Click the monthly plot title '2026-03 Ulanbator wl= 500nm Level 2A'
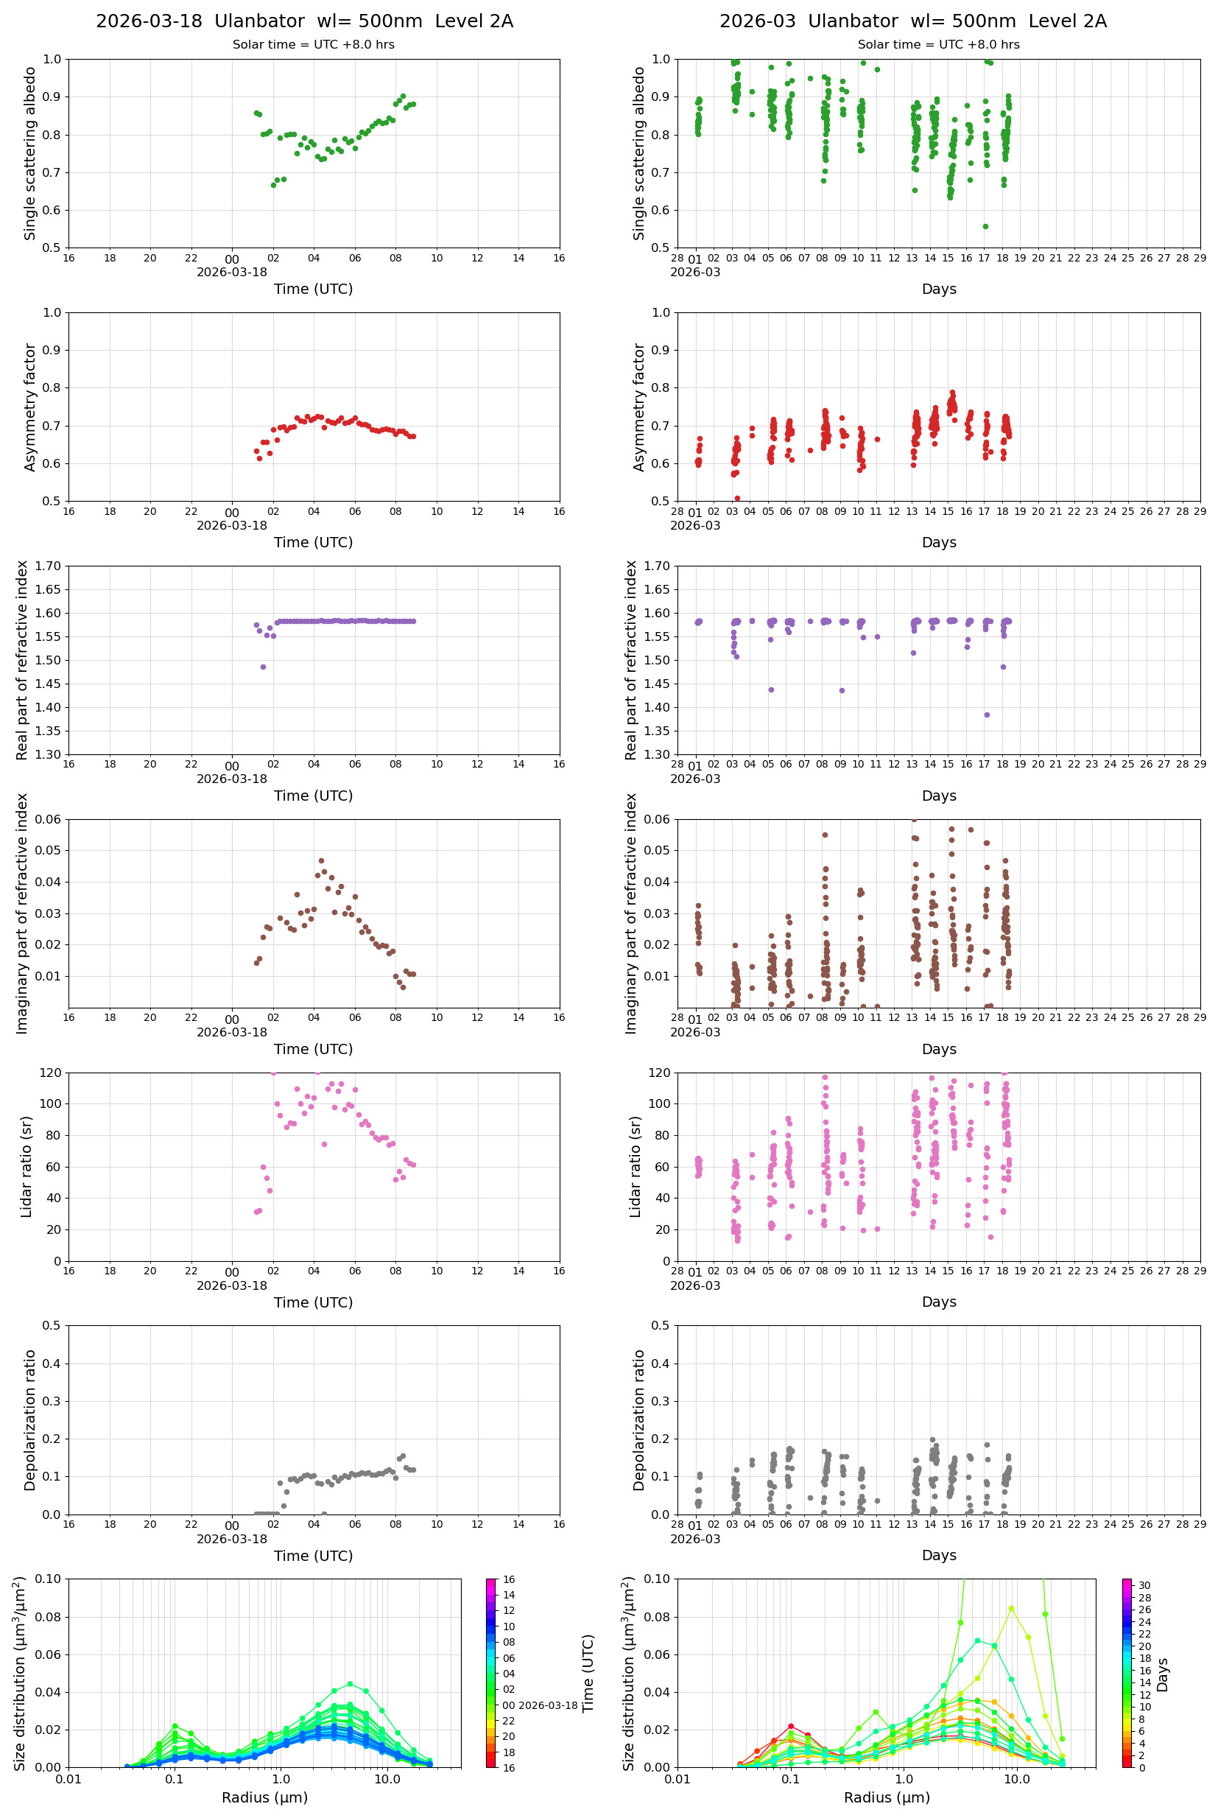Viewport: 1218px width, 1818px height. (912, 21)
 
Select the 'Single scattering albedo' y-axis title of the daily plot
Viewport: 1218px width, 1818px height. (29, 153)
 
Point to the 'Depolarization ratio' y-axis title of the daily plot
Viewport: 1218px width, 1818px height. (29, 1419)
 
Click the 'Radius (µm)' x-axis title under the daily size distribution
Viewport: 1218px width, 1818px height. (264, 1797)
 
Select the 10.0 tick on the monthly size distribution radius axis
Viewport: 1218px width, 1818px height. (1016, 1779)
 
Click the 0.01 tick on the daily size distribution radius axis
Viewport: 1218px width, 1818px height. (68, 1779)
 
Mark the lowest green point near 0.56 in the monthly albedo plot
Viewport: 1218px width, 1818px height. (985, 226)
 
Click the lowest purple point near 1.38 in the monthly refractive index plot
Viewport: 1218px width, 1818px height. (987, 715)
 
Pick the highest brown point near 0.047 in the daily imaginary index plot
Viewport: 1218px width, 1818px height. (321, 861)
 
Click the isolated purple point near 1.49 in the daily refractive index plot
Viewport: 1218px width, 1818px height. (263, 667)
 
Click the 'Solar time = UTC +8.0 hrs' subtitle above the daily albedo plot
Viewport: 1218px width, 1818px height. (313, 44)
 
